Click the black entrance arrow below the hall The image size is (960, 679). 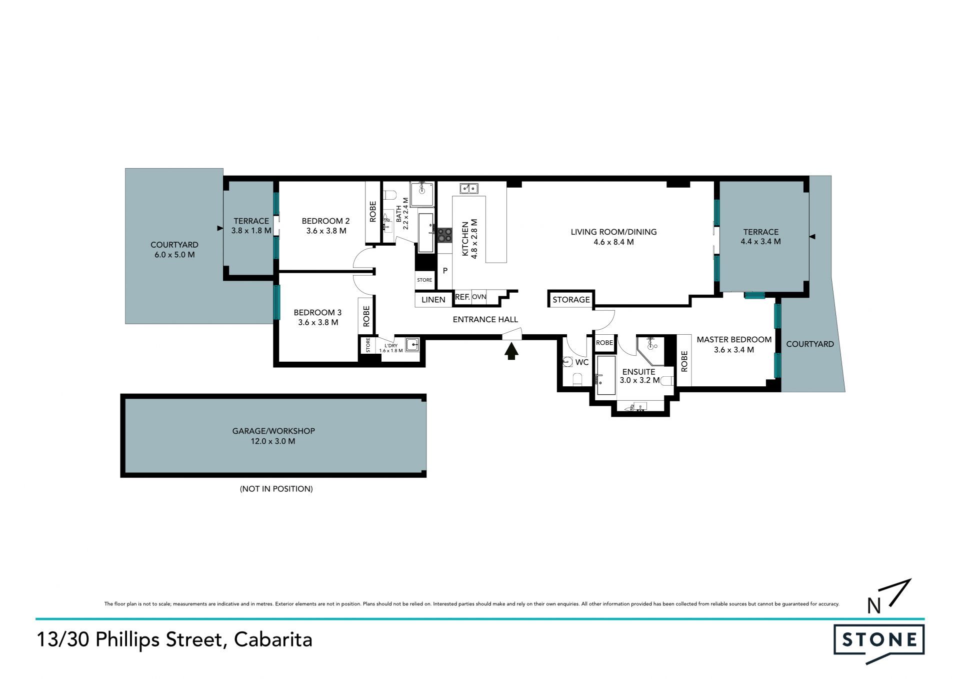pyautogui.click(x=510, y=351)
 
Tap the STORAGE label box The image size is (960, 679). pyautogui.click(x=571, y=299)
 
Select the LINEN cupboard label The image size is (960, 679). pyautogui.click(x=433, y=299)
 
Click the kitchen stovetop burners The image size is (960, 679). pyautogui.click(x=444, y=235)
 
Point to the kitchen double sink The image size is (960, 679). pyautogui.click(x=469, y=188)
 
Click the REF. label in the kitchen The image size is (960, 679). pyautogui.click(x=462, y=297)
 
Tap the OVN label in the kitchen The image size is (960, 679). pyautogui.click(x=479, y=297)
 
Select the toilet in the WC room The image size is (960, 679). pyautogui.click(x=577, y=379)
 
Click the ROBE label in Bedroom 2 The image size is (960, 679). pyautogui.click(x=372, y=212)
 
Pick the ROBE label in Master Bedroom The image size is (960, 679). pyautogui.click(x=684, y=361)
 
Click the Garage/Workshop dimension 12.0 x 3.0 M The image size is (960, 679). pyautogui.click(x=273, y=441)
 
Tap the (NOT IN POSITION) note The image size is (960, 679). pyautogui.click(x=276, y=489)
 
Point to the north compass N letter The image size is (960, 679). pyautogui.click(x=874, y=605)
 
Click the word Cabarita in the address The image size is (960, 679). pyautogui.click(x=273, y=639)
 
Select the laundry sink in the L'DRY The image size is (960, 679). pyautogui.click(x=412, y=345)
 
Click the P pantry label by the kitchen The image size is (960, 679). pyautogui.click(x=445, y=271)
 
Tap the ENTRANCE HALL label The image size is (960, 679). pyautogui.click(x=485, y=319)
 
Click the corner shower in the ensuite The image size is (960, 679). pyautogui.click(x=650, y=350)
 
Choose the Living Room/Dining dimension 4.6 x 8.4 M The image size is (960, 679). pyautogui.click(x=613, y=242)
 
